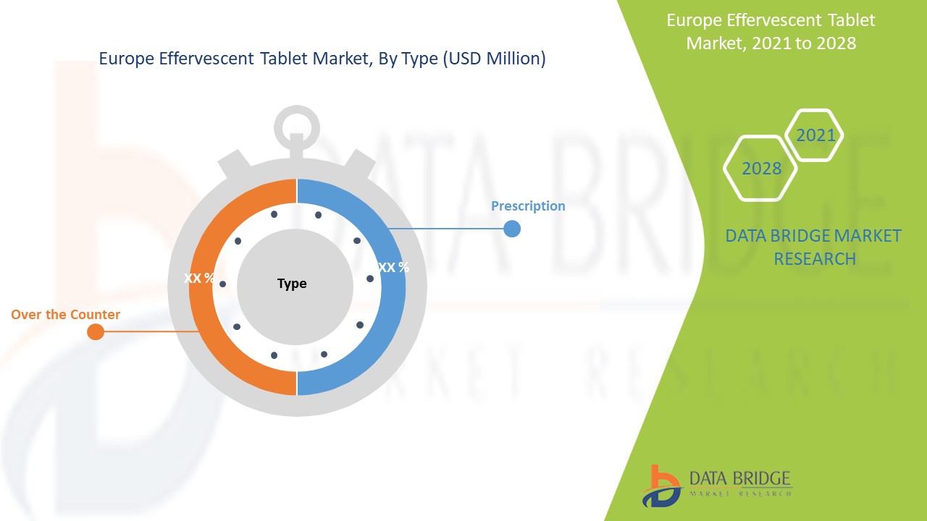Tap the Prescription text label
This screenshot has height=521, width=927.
click(528, 206)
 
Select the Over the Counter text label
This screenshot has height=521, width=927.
click(65, 315)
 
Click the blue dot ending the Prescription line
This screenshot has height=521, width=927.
click(511, 229)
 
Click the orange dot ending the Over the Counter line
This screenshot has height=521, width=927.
click(95, 332)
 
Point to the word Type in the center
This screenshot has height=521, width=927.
click(292, 284)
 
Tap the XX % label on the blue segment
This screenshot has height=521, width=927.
click(393, 267)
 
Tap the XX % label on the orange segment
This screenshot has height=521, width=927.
click(199, 278)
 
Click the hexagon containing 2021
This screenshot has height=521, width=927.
click(815, 135)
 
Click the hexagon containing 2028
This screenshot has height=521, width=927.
click(761, 169)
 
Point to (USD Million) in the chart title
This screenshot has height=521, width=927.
click(492, 59)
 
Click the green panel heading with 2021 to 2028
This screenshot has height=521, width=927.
click(771, 31)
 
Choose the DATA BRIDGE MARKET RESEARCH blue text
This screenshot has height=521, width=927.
click(814, 247)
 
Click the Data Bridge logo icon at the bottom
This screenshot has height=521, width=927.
click(660, 485)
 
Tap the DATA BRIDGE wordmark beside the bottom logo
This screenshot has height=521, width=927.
click(740, 478)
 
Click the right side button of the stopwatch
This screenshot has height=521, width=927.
click(358, 164)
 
